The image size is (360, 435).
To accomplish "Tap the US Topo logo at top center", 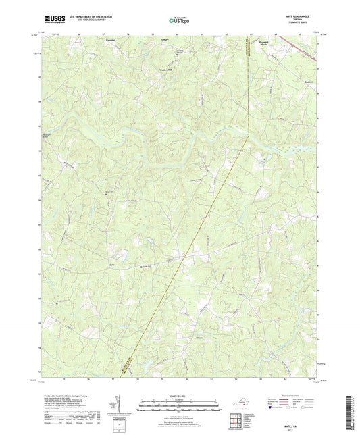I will pos(180,21).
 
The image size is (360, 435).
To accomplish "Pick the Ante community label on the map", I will pos(95,264).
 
